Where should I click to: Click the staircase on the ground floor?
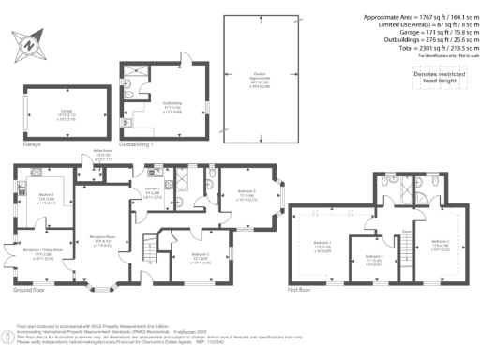point(146,251)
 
